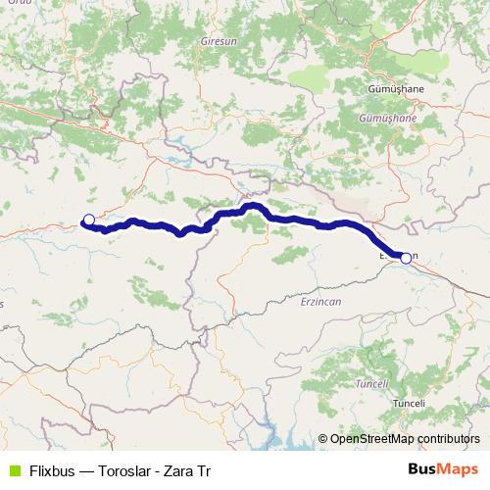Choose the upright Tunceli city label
coord(408,404)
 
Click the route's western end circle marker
coord(88,220)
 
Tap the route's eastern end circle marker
coord(406,258)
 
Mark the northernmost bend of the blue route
coord(252,206)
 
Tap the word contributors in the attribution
coord(451,438)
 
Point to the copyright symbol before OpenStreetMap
coord(324,438)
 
